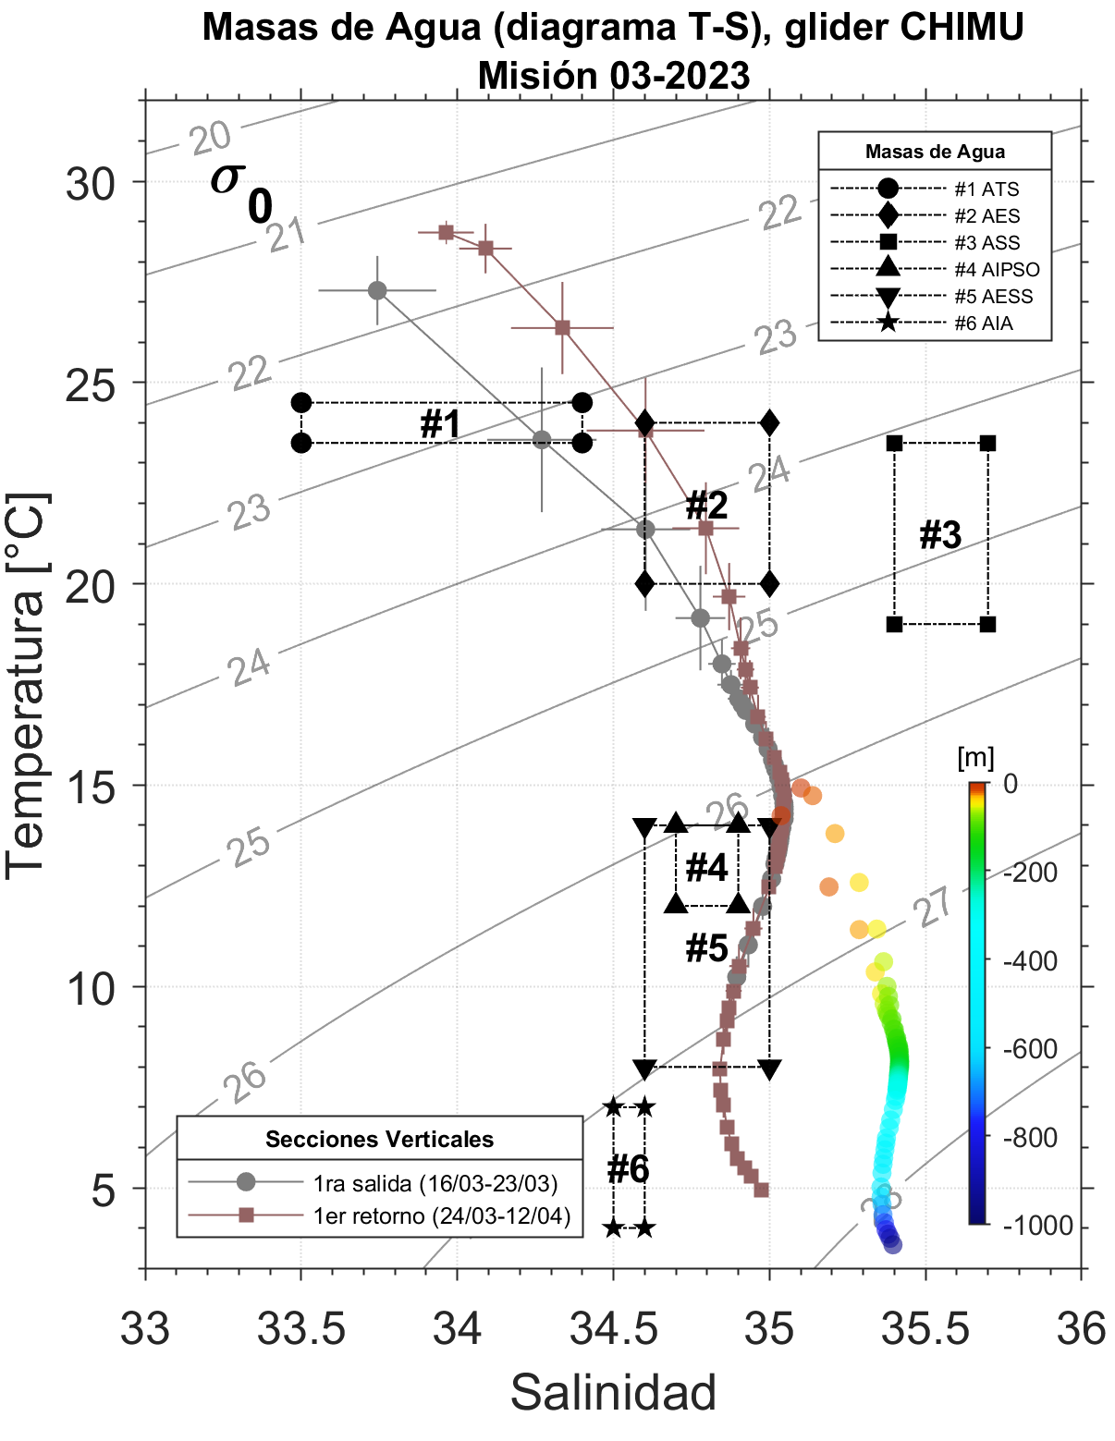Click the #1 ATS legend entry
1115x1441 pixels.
986,189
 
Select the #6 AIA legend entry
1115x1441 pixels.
984,324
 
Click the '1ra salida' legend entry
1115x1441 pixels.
435,1183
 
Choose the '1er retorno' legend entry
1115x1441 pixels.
442,1215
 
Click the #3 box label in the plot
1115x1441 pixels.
940,535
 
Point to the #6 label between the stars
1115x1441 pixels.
629,1169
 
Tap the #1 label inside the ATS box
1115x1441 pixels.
440,424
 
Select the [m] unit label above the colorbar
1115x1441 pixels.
976,759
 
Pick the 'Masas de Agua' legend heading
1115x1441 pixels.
935,152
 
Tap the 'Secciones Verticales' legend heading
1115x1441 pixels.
379,1139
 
